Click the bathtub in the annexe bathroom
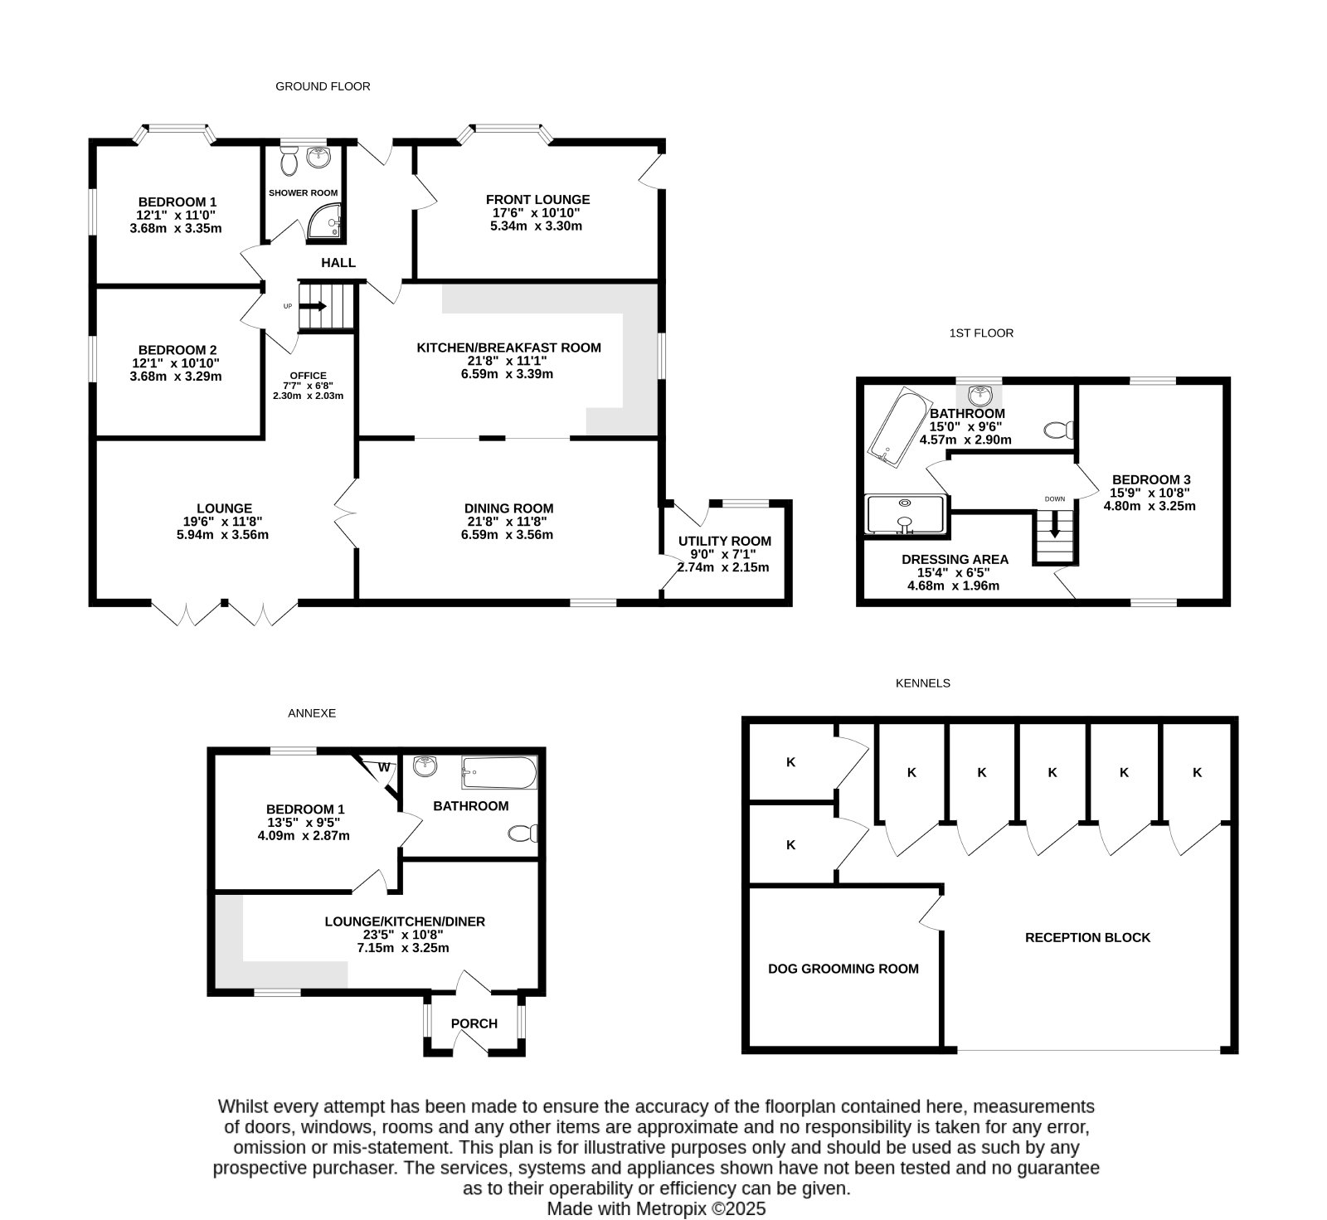tap(499, 773)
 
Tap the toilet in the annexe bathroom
tap(524, 834)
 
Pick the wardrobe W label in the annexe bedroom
tap(384, 767)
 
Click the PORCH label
tap(474, 1023)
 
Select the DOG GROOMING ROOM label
tap(843, 969)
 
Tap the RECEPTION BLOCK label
tap(1088, 938)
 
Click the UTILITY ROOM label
tap(725, 542)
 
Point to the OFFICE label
tap(309, 376)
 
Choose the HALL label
tap(338, 263)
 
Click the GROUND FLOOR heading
tap(323, 86)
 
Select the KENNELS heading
tap(923, 683)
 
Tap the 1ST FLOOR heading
tap(982, 333)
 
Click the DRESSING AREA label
tap(955, 560)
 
